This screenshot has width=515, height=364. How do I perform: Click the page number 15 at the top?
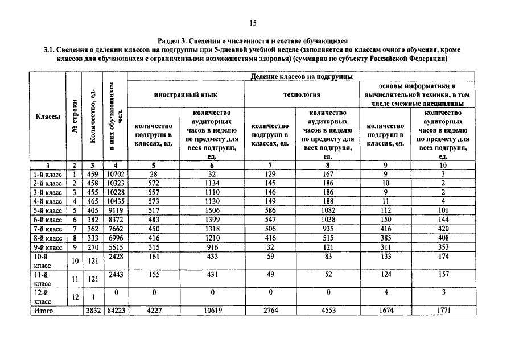pos(253,23)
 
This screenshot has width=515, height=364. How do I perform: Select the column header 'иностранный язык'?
pos(186,95)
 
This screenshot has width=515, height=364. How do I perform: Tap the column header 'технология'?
pos(302,95)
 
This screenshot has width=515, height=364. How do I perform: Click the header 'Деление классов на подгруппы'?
pos(302,77)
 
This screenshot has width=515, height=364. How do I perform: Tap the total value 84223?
pos(114,311)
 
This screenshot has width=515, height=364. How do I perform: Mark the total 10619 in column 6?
pos(212,311)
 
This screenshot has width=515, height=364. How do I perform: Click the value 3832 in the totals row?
pos(92,311)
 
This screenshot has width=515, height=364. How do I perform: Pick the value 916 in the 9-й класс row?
pos(212,247)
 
